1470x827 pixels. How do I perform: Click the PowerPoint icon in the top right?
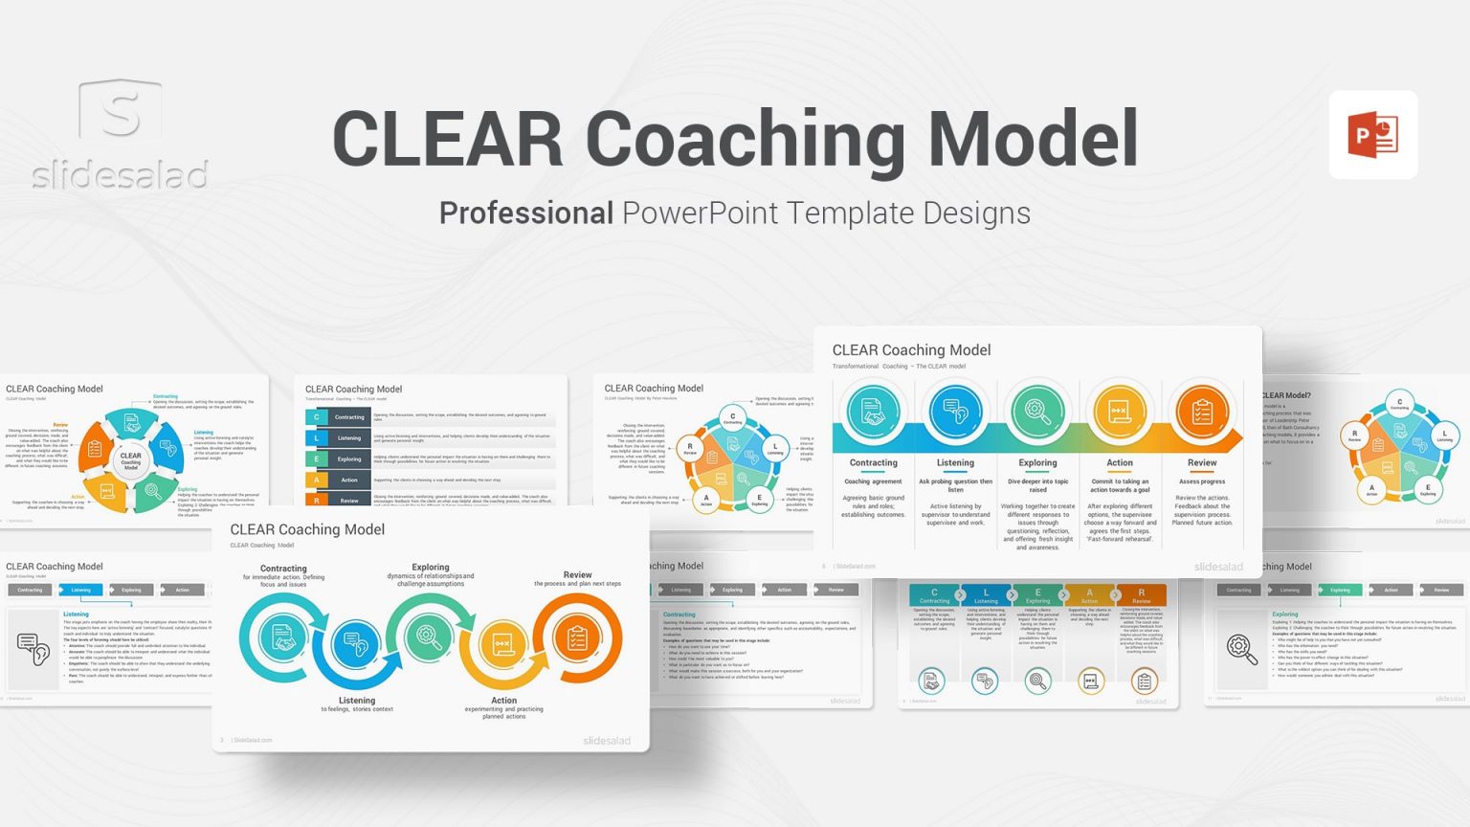coord(1372,135)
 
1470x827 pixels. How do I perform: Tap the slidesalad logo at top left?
coord(121,134)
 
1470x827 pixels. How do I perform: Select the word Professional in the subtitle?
coord(525,212)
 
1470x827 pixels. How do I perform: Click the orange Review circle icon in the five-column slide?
coord(1202,413)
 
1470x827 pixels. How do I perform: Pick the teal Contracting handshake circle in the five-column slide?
coord(873,413)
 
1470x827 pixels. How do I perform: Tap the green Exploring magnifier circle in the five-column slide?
coord(1037,413)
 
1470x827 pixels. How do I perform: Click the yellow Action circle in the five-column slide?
coord(1120,413)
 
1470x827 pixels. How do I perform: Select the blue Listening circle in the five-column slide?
coord(955,413)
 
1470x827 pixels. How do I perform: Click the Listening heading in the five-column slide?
coord(955,463)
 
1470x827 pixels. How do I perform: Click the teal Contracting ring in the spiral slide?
coord(282,637)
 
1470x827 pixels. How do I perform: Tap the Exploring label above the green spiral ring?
coord(431,568)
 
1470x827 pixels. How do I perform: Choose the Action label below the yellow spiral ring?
coord(503,701)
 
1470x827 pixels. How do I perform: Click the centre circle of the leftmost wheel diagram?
coord(130,460)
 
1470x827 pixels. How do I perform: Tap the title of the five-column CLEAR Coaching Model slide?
coord(911,350)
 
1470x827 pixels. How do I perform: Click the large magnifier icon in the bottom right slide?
coord(1242,649)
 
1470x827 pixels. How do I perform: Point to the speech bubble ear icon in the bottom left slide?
coord(33,649)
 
